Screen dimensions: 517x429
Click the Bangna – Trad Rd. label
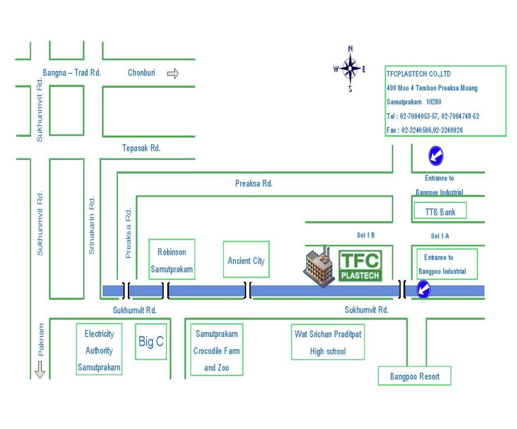pyautogui.click(x=71, y=73)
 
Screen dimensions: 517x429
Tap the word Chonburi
pyautogui.click(x=141, y=73)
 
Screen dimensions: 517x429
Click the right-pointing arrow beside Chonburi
pyautogui.click(x=173, y=73)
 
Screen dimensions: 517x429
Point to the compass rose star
pyautogui.click(x=350, y=69)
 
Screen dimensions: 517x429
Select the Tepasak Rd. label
pyautogui.click(x=141, y=148)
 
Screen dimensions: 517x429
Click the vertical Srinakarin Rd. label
pyautogui.click(x=92, y=225)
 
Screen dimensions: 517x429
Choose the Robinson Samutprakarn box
pyautogui.click(x=172, y=259)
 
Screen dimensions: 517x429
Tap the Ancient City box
pyautogui.click(x=246, y=259)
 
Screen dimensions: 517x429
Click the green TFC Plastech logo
pyautogui.click(x=360, y=266)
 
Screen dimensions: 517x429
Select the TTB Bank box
pyautogui.click(x=440, y=211)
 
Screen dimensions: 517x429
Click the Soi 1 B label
pyautogui.click(x=366, y=235)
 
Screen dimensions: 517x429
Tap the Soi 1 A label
pyautogui.click(x=440, y=236)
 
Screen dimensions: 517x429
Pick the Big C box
pyautogui.click(x=151, y=341)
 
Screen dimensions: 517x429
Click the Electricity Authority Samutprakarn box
pyautogui.click(x=99, y=349)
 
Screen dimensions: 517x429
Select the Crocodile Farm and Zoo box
pyautogui.click(x=217, y=350)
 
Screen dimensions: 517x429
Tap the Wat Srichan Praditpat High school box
pyautogui.click(x=328, y=342)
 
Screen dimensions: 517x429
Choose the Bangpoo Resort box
pyautogui.click(x=414, y=375)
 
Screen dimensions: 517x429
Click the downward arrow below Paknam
pyautogui.click(x=40, y=370)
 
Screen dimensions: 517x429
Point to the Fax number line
pyautogui.click(x=425, y=130)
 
